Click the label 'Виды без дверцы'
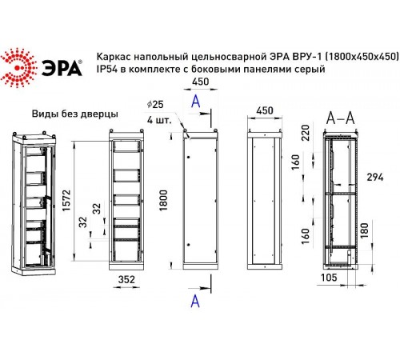pyautogui.click(x=74, y=114)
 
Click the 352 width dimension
pyautogui.click(x=123, y=278)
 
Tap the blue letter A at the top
pyautogui.click(x=194, y=100)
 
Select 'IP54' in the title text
pyautogui.click(x=107, y=71)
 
